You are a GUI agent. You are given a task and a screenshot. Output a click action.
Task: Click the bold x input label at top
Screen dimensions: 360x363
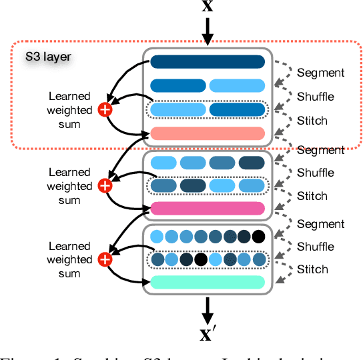point(208,7)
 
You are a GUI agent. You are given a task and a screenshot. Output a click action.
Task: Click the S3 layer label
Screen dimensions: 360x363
point(48,57)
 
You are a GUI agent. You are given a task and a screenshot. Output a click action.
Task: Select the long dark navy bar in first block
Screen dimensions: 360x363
point(208,63)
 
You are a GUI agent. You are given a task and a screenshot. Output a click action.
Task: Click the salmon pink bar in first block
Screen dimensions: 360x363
point(208,133)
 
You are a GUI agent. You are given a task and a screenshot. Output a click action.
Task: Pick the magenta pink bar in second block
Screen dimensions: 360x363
point(208,209)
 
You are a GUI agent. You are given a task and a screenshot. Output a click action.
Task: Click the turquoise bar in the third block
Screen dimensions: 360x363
point(208,282)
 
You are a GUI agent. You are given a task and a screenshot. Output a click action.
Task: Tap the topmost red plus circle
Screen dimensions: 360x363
point(105,110)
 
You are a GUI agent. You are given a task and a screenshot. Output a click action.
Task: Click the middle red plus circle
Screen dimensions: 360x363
point(105,185)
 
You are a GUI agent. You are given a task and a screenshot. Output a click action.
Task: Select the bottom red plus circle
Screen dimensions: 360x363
point(105,259)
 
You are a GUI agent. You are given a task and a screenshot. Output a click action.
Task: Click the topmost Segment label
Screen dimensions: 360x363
point(321,73)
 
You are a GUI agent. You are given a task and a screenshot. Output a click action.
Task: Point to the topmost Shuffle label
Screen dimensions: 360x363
point(316,97)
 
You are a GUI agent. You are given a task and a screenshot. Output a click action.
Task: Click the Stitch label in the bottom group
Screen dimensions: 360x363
point(313,269)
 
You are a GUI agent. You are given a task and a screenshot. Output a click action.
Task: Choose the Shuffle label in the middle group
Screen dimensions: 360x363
point(316,173)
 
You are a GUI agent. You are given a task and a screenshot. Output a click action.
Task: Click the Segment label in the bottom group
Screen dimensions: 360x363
point(321,224)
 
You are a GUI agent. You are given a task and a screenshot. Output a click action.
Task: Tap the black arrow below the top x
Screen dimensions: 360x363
point(208,31)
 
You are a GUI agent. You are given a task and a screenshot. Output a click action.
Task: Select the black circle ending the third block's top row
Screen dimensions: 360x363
point(258,237)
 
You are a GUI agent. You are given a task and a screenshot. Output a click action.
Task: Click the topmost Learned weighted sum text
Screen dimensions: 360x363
point(70,110)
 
